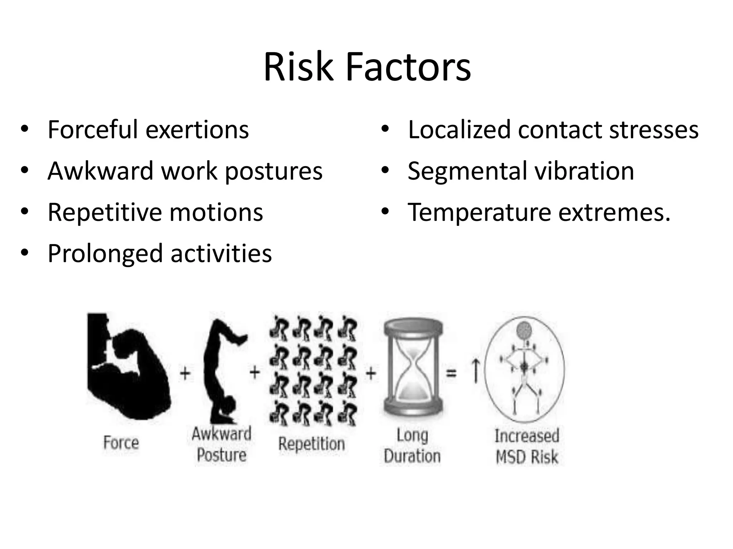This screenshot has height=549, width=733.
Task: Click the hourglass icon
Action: pos(413,368)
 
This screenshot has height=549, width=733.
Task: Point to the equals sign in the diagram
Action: pos(452,374)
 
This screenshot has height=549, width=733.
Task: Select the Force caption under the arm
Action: pos(121,442)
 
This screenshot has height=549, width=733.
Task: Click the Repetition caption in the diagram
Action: pos(311,444)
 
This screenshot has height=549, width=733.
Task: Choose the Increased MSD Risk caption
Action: pos(527,447)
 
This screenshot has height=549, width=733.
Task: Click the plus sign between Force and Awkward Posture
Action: pos(185,374)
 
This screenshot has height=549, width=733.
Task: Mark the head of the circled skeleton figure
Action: pos(524,329)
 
